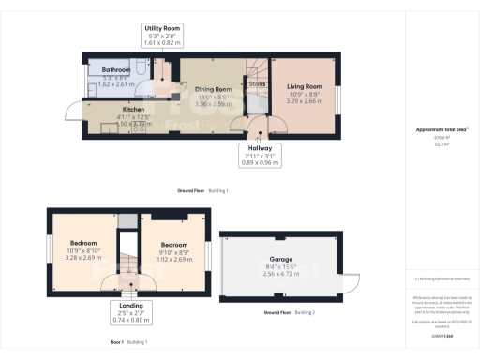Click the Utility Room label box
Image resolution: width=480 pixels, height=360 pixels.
point(162,36)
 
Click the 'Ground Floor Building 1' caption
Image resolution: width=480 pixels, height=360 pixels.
point(202,190)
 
